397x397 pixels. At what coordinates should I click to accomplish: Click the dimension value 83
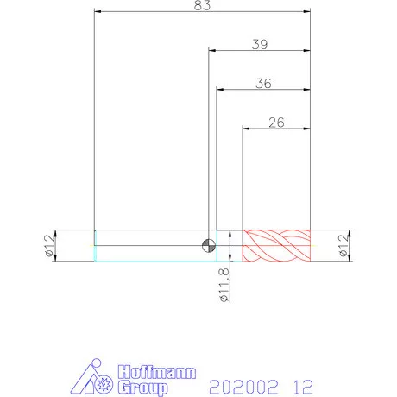point(202,5)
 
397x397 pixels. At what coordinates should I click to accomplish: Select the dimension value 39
point(260,44)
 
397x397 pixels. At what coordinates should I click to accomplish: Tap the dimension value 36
point(263,84)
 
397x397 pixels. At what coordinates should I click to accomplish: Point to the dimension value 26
point(276,123)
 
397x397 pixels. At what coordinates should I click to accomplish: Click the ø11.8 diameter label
point(224,285)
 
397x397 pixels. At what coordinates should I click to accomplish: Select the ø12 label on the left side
point(49,245)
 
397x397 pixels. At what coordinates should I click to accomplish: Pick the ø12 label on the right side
point(343,245)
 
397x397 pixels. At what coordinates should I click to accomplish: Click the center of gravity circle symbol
point(209,246)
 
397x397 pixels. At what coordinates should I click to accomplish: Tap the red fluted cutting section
point(276,246)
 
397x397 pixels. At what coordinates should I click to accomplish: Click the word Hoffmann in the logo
point(157,372)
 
